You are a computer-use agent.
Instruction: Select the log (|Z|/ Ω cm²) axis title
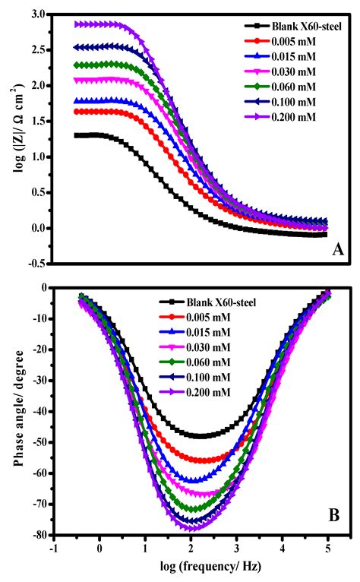click(14, 138)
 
